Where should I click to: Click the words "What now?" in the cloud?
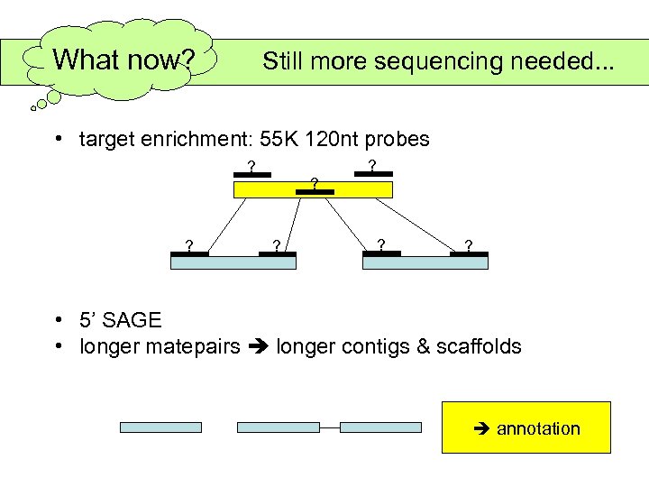point(123,60)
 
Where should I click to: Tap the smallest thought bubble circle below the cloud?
point(34,108)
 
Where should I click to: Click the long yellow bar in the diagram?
point(313,189)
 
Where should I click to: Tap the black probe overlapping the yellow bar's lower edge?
point(315,193)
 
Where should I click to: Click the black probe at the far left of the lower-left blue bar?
point(190,254)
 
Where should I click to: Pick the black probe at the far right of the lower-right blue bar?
point(469,254)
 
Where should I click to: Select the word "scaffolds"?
point(477,346)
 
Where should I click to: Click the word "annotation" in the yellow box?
point(538,428)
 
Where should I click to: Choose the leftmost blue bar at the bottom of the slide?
point(161,427)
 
